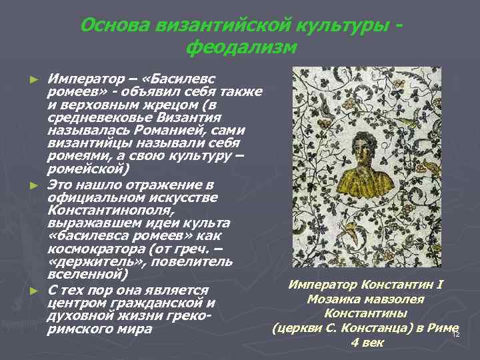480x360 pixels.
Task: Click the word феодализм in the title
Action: click(241, 47)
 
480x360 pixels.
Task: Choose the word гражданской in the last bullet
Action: click(150, 304)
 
